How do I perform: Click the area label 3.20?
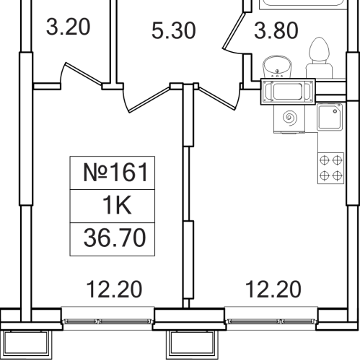[x=68, y=27]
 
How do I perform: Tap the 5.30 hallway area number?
[x=174, y=30]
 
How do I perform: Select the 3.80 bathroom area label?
[x=276, y=30]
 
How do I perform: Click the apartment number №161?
[x=115, y=173]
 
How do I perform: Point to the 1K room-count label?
[x=117, y=205]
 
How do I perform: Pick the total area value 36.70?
[x=115, y=238]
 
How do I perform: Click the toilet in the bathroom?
[x=319, y=58]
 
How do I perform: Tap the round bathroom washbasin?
[x=277, y=66]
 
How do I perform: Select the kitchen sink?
[x=330, y=117]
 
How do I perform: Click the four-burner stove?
[x=330, y=168]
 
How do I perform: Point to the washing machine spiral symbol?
[x=289, y=118]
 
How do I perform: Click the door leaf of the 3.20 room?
[x=84, y=74]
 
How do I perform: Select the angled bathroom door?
[x=234, y=31]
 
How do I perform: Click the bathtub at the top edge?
[x=303, y=5]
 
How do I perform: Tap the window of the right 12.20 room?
[x=271, y=321]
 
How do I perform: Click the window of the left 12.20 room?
[x=107, y=321]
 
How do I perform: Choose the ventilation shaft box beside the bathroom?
[x=288, y=92]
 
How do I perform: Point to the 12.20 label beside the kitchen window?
[x=273, y=290]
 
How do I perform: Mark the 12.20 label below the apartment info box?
[x=114, y=290]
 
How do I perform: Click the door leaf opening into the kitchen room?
[x=217, y=98]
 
